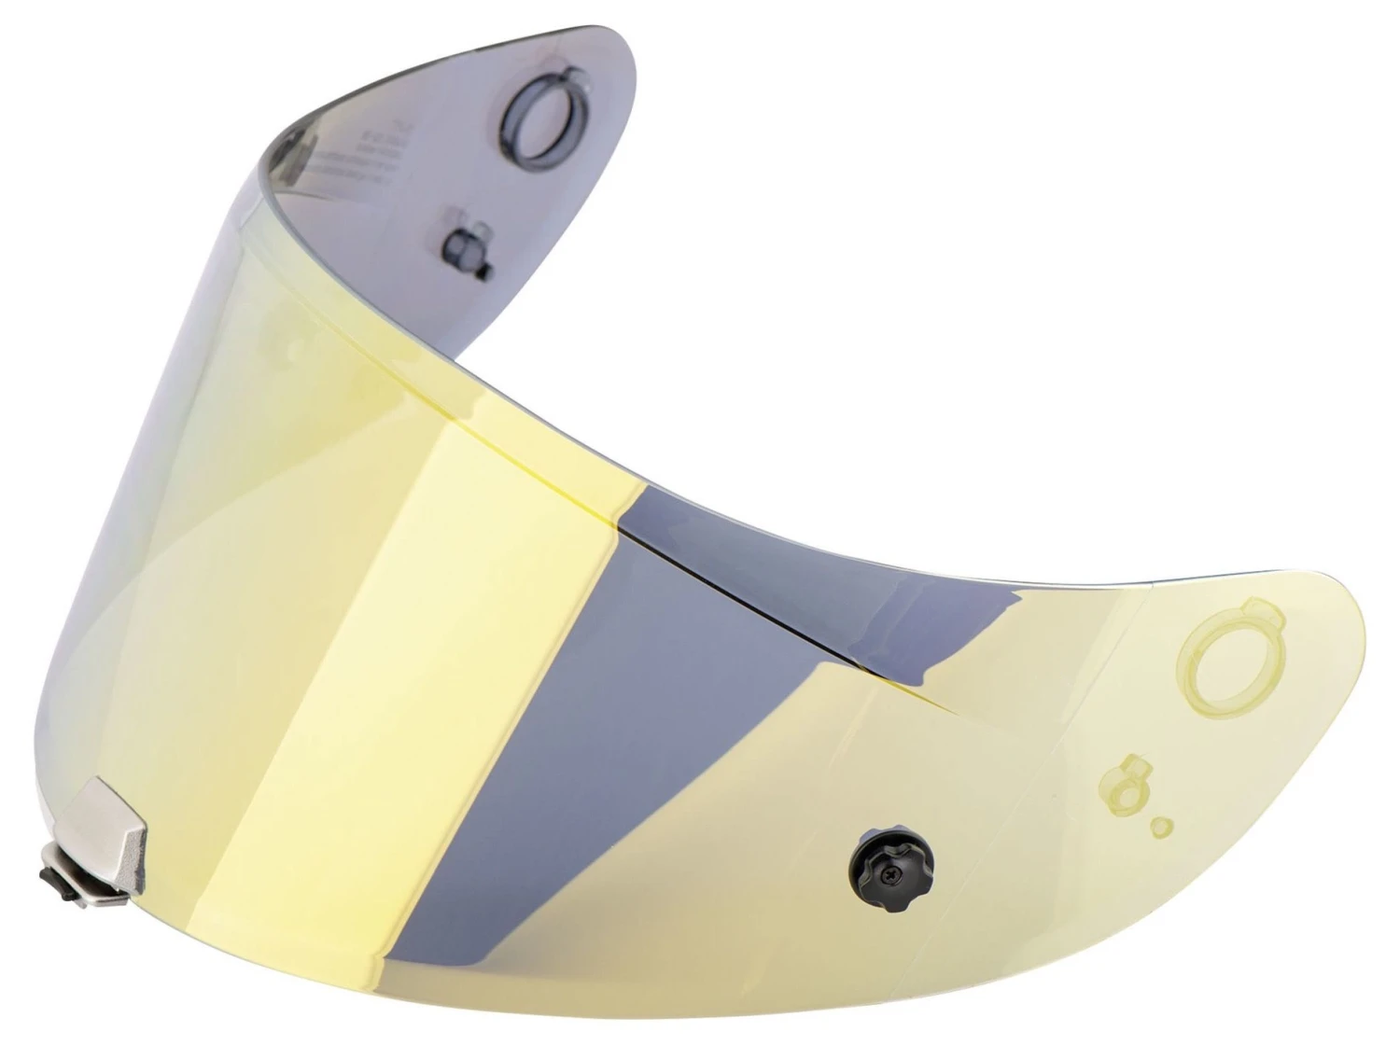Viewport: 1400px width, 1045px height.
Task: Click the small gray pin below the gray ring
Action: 462,247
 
